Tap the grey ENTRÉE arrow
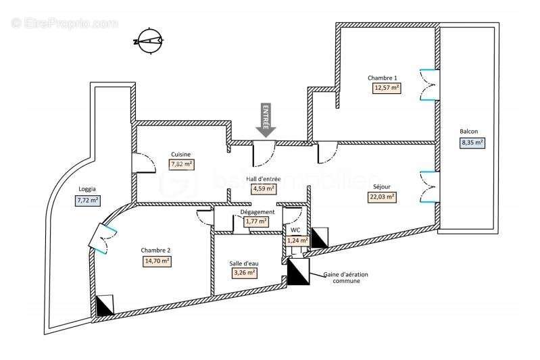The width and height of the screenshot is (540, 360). (266, 120)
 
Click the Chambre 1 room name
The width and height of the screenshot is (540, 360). (383, 77)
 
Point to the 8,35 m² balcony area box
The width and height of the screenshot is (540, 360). (472, 143)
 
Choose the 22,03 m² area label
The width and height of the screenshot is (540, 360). (383, 197)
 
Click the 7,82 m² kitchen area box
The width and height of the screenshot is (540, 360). (181, 164)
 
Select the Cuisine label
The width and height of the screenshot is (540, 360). (180, 154)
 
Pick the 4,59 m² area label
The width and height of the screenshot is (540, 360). (264, 189)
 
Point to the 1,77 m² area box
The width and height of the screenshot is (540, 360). (257, 221)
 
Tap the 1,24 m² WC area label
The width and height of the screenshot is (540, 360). (297, 240)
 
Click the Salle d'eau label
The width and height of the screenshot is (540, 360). (243, 263)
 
